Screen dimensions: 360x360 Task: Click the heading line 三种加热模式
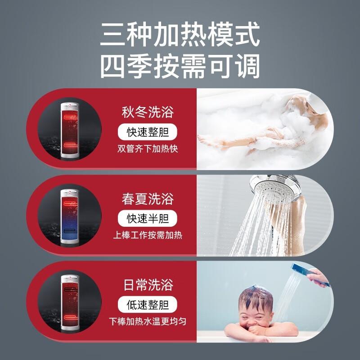coord(180,35)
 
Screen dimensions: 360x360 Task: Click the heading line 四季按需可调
coord(180,66)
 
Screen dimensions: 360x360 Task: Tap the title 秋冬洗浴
coord(148,112)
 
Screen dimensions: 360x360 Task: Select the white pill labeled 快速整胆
coord(148,132)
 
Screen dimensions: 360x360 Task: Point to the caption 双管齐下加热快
coord(148,149)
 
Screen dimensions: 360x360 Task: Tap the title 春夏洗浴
coord(148,199)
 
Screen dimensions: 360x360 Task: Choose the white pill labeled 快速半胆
coord(148,219)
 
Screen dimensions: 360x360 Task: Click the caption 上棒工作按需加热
coord(148,235)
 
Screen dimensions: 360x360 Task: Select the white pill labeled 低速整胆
coord(148,305)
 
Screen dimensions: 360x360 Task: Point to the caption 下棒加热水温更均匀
coord(148,321)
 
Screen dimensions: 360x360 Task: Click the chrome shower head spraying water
coord(275,187)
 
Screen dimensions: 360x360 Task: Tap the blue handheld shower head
coord(310,274)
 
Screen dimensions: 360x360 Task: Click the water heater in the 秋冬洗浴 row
coord(70,130)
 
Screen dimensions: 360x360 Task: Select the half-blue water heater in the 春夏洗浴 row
coord(70,217)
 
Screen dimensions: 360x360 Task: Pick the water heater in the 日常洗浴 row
coord(70,303)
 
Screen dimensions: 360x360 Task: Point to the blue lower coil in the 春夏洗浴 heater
coord(70,231)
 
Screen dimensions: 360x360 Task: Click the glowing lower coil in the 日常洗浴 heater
coord(70,317)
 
